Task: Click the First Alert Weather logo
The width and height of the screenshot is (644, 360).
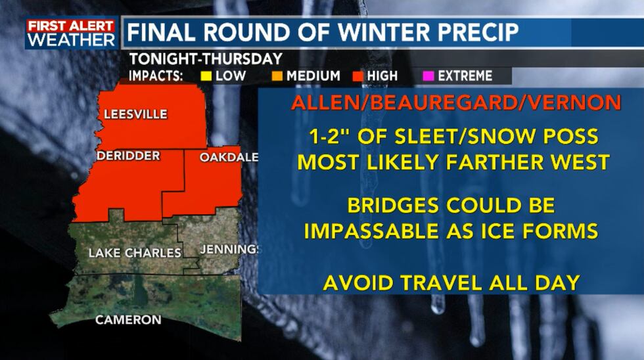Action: [71, 33]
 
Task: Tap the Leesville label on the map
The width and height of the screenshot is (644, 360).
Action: [135, 114]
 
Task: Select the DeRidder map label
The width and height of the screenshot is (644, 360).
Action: [127, 156]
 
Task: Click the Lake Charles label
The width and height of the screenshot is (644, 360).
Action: [135, 252]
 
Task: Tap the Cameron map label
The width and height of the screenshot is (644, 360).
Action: [128, 320]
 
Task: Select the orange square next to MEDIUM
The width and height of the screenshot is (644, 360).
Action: [277, 76]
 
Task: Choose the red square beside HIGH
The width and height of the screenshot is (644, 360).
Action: [359, 76]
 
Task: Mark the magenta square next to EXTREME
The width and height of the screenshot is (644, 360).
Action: [430, 76]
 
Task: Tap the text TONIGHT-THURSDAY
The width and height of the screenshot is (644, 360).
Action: [206, 58]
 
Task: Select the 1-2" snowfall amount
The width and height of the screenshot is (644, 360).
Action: [329, 137]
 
